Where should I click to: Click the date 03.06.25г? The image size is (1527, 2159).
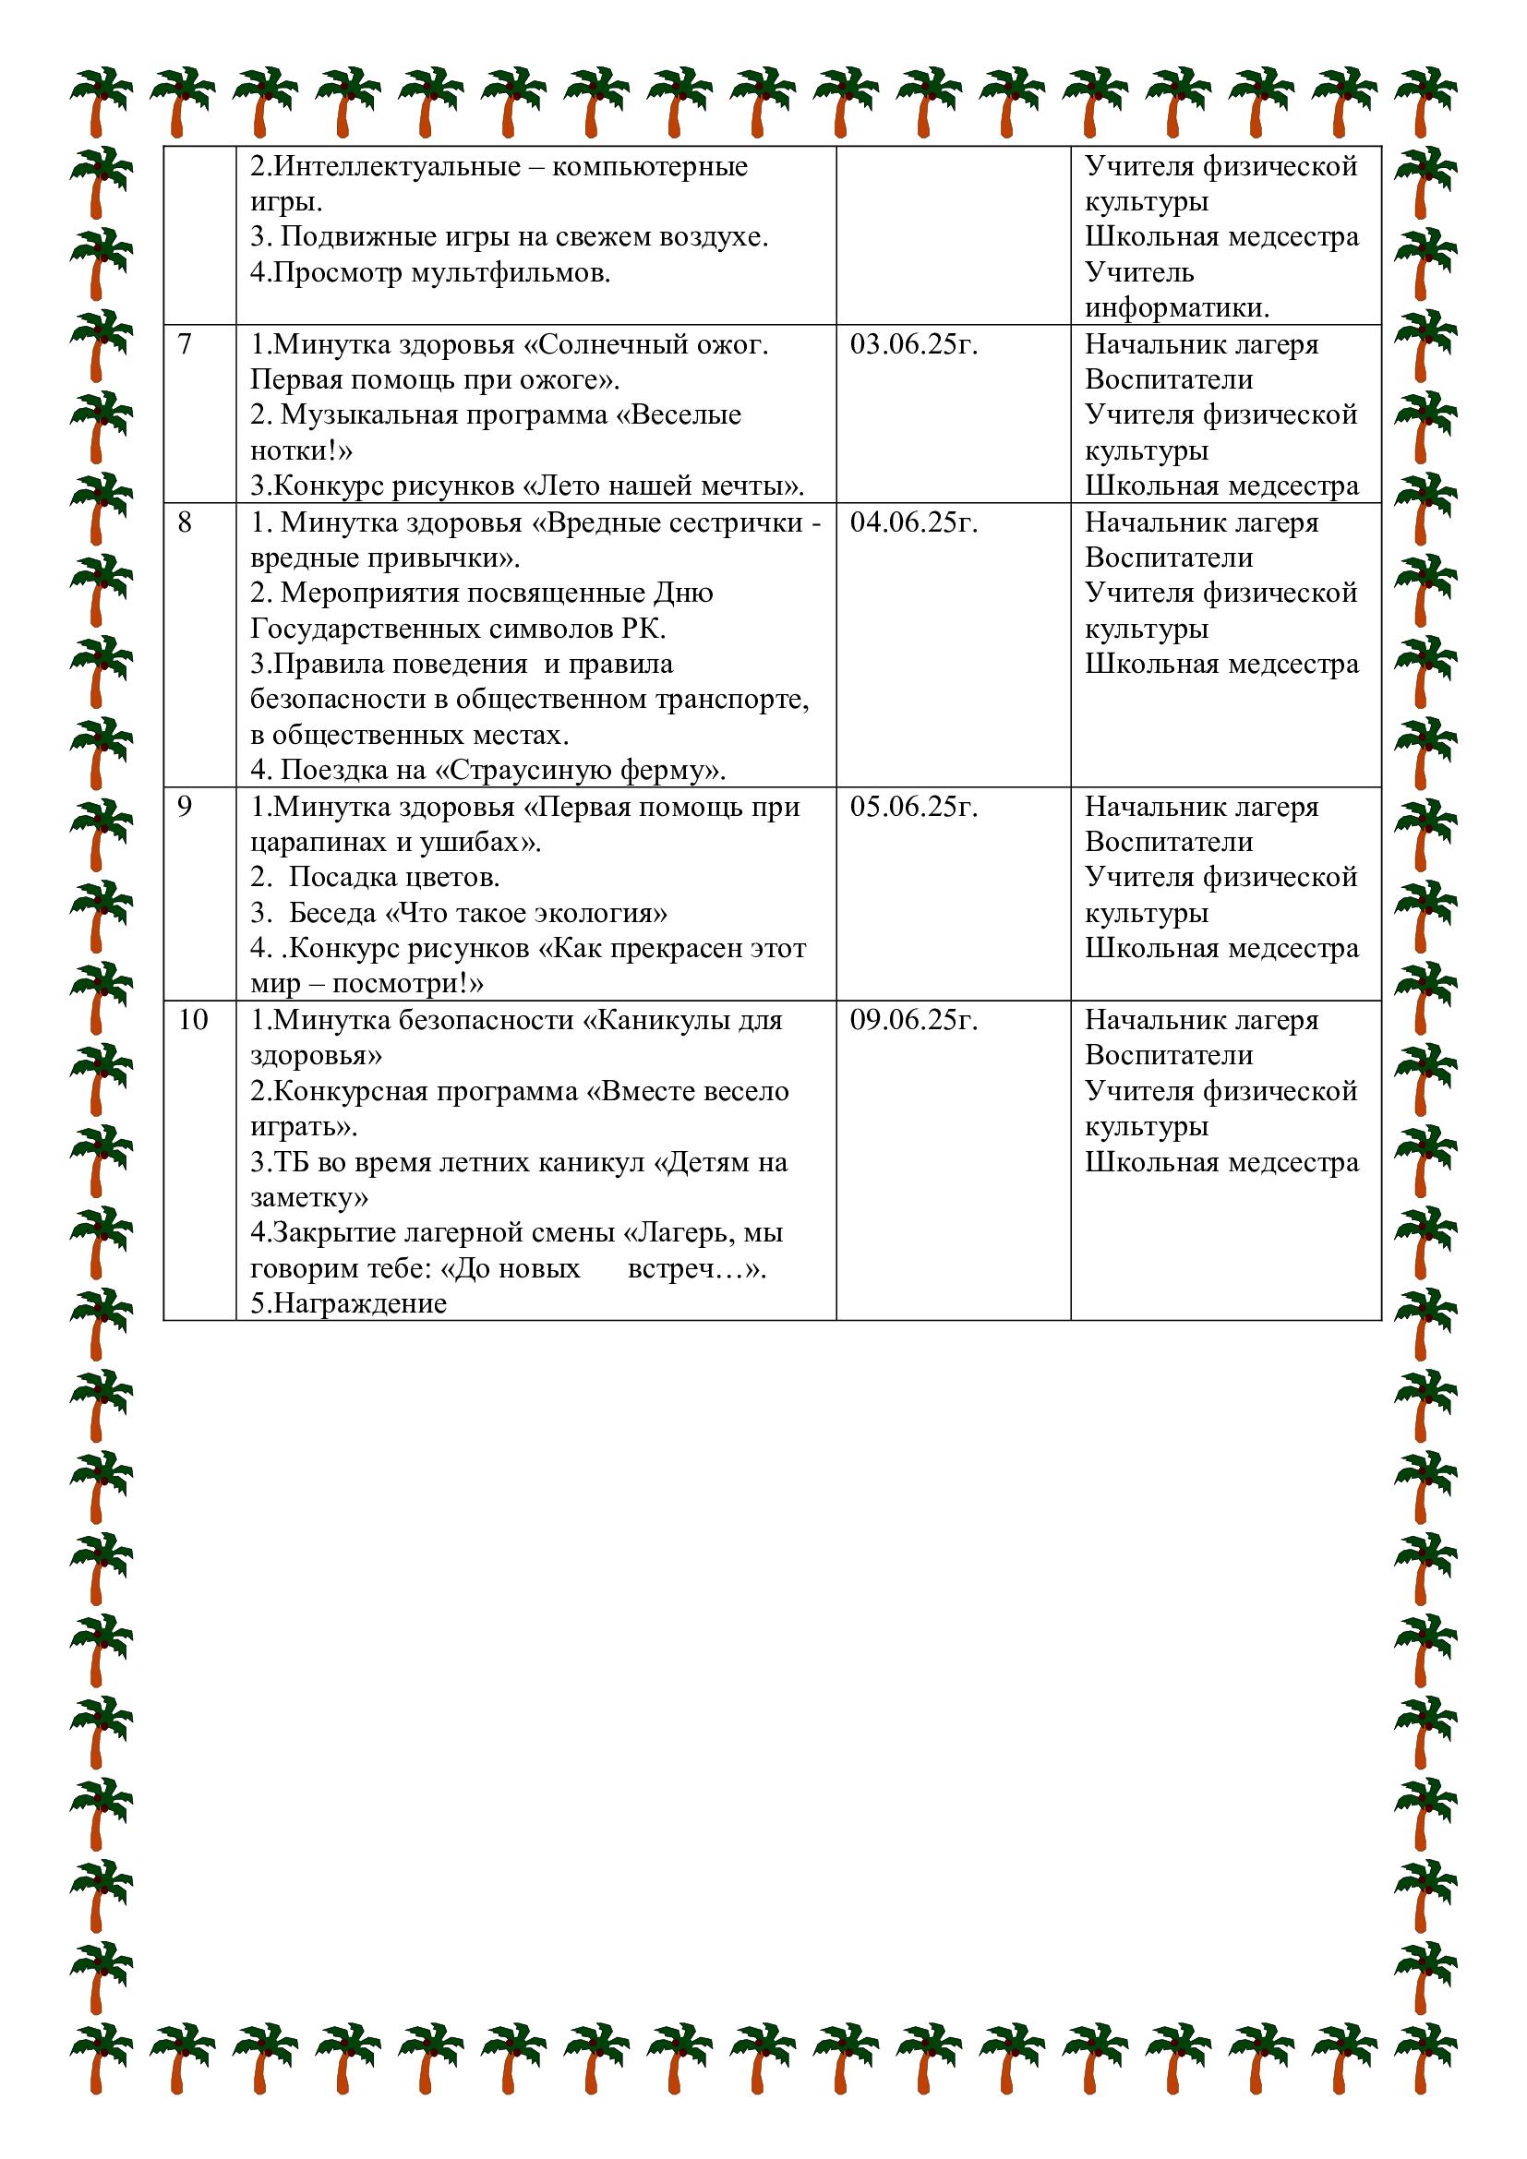point(914,345)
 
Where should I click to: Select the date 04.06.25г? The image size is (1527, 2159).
point(914,522)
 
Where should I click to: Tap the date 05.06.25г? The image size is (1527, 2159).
point(914,807)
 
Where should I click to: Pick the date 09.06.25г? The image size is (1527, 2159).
point(914,1020)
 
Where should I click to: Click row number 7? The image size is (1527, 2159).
point(185,345)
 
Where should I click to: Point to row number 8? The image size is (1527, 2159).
point(185,522)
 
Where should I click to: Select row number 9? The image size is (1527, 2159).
point(185,807)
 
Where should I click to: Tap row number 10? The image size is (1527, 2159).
point(193,1020)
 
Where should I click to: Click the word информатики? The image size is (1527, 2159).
point(1176,308)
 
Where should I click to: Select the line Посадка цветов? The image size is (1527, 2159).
point(394,878)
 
